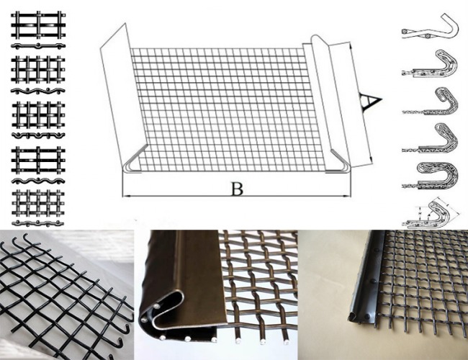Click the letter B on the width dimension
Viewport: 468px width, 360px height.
(238, 189)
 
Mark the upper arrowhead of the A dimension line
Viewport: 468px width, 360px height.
(351, 47)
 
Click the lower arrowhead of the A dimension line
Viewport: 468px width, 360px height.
(370, 159)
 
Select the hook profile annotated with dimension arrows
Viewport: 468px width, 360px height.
(431, 213)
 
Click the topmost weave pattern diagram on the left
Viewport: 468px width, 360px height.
(38, 25)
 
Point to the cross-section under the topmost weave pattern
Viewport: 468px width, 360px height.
(38, 46)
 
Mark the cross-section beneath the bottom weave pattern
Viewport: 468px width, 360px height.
(38, 222)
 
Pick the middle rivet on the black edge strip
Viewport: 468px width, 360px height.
(372, 282)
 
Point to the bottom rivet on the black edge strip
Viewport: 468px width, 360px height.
(366, 316)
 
